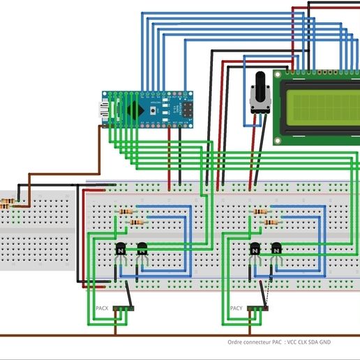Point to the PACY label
pos(236,308)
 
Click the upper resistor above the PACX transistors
pos(128,211)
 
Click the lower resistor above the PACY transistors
pos(272,222)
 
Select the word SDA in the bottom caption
pos(324,343)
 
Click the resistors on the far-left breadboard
pos(9,204)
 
